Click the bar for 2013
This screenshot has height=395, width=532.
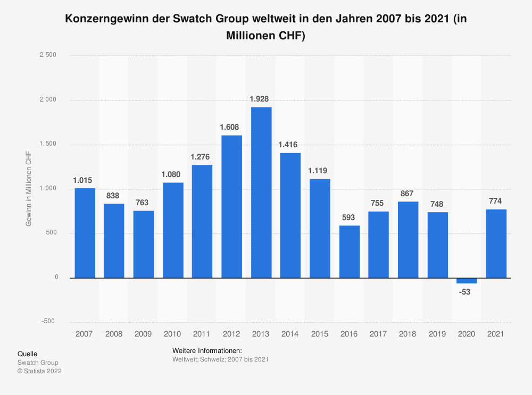pyautogui.click(x=261, y=192)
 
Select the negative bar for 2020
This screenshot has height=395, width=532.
pyautogui.click(x=467, y=280)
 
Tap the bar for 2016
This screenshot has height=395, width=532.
pyautogui.click(x=350, y=251)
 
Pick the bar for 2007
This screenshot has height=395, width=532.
pyautogui.click(x=85, y=233)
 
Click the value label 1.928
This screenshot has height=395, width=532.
pyautogui.click(x=261, y=99)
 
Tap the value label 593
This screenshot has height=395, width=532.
pyautogui.click(x=350, y=217)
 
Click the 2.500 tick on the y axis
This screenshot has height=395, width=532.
pyautogui.click(x=48, y=55)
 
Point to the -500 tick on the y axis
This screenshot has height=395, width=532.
pyautogui.click(x=48, y=321)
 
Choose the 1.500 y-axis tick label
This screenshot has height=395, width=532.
pyautogui.click(x=48, y=144)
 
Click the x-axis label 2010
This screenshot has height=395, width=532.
pyautogui.click(x=172, y=334)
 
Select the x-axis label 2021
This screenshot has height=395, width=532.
pyautogui.click(x=496, y=334)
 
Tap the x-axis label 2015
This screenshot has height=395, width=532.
pyautogui.click(x=320, y=334)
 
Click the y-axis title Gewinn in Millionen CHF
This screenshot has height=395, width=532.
pyautogui.click(x=29, y=188)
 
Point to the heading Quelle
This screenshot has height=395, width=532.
pyautogui.click(x=27, y=354)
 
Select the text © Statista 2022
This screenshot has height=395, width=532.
pyautogui.click(x=39, y=372)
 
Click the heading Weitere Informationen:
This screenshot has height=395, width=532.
pyautogui.click(x=207, y=351)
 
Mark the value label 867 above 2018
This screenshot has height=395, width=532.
pyautogui.click(x=408, y=194)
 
